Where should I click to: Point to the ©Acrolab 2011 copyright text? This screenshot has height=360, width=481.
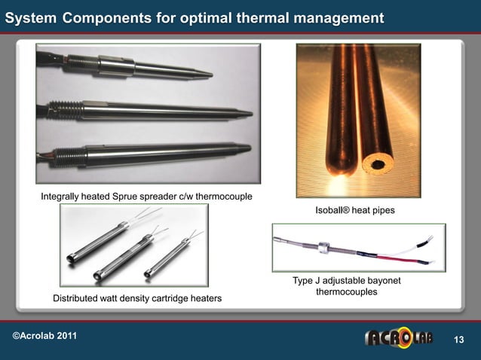click(44, 334)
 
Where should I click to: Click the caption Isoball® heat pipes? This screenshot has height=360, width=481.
click(349, 211)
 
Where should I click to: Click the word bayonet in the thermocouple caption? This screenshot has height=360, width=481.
click(381, 281)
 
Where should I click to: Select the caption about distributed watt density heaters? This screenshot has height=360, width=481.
click(136, 299)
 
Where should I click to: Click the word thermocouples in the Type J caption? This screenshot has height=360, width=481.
click(347, 291)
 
